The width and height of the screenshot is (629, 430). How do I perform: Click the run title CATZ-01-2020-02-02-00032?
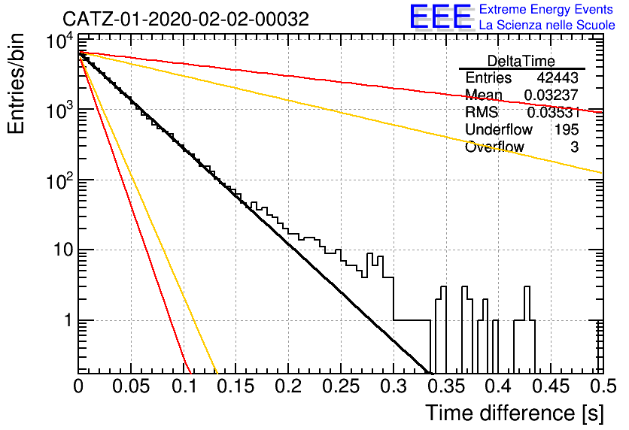[186, 19]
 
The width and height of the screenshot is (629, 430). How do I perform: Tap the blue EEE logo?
[441, 17]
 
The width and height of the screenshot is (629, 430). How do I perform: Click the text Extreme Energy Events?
[546, 9]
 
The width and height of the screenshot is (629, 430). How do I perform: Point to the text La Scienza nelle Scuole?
[547, 25]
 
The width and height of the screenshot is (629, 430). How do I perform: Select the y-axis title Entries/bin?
[16, 84]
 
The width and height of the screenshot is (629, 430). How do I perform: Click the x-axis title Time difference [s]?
[515, 413]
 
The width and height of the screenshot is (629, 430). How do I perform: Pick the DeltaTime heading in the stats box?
[521, 61]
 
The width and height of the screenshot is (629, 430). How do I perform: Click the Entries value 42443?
[558, 77]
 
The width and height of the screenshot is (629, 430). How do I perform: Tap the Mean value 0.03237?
[552, 95]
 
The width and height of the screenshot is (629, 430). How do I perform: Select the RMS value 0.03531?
[553, 113]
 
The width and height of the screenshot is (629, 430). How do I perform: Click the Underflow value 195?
[567, 129]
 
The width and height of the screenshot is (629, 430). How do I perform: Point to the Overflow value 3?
[574, 147]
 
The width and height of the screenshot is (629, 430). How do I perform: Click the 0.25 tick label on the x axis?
[341, 386]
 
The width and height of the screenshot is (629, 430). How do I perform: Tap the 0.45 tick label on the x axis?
[551, 386]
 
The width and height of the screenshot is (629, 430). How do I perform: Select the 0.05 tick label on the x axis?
[130, 386]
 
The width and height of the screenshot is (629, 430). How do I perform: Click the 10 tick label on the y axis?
[62, 250]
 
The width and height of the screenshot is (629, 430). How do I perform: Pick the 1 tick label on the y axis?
[68, 320]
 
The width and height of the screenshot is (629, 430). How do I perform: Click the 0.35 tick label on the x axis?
[445, 386]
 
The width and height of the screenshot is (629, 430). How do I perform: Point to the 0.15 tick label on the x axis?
[235, 386]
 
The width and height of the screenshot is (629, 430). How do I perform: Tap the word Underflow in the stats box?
[499, 129]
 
